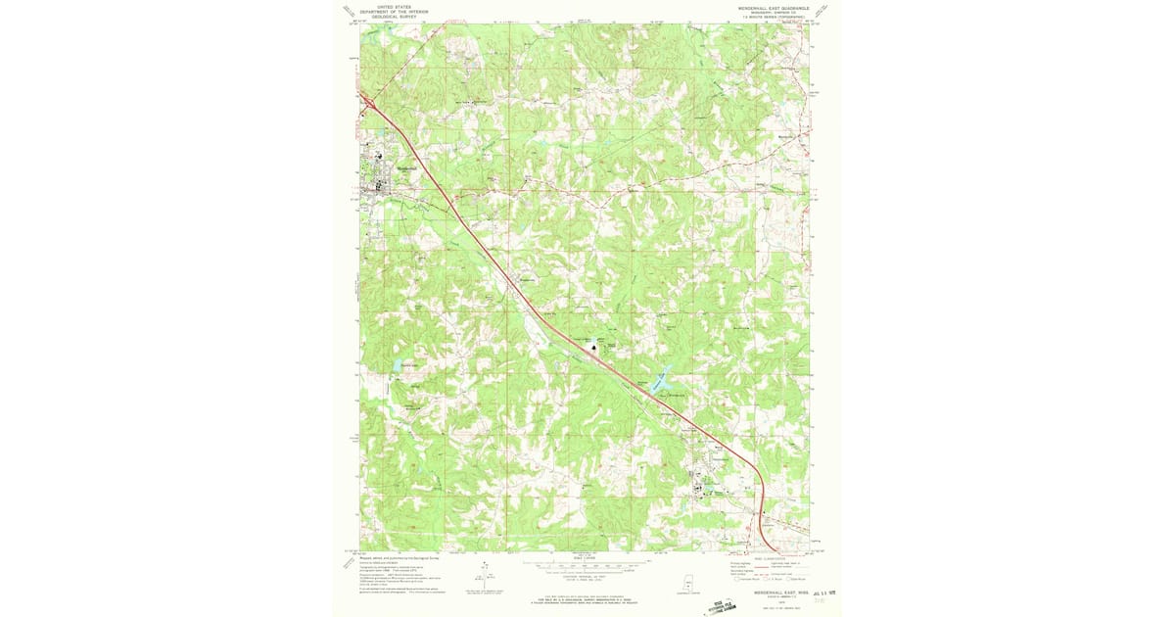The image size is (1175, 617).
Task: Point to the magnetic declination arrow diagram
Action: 485,577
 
